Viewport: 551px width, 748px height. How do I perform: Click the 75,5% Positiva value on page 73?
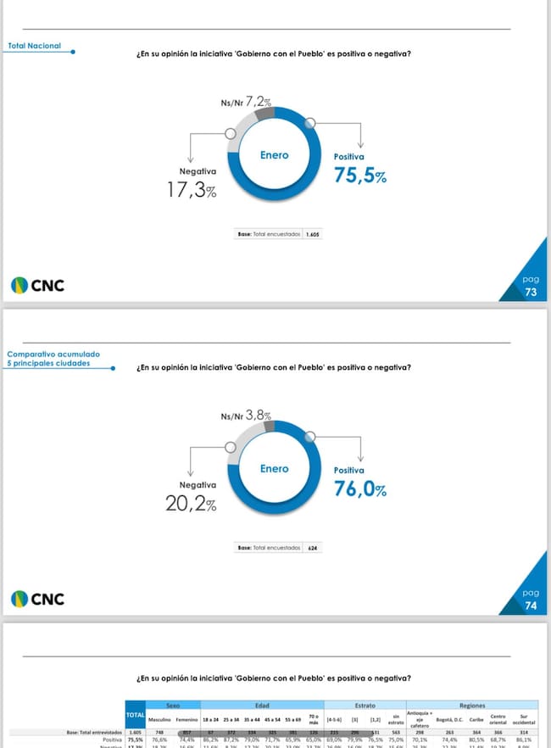click(360, 176)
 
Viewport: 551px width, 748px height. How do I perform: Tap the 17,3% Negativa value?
click(192, 191)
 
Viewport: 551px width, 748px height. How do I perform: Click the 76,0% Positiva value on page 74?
click(360, 489)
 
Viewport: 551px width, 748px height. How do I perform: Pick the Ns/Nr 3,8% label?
click(246, 416)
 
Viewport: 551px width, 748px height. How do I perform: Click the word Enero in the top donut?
click(274, 155)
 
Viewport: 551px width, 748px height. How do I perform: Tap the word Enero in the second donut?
click(274, 468)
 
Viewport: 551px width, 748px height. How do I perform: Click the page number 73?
click(531, 292)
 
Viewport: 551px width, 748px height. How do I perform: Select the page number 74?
click(531, 606)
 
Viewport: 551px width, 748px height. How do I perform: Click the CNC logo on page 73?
click(37, 286)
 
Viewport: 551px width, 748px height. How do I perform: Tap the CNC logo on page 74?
click(37, 600)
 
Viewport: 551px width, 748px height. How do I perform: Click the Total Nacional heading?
click(34, 46)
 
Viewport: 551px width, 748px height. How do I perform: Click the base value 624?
click(314, 548)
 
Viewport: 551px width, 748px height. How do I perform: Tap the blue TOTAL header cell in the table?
click(135, 717)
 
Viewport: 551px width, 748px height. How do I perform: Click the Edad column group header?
click(262, 705)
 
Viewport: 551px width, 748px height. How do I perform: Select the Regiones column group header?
click(472, 705)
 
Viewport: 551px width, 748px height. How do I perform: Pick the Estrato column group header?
click(365, 705)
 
